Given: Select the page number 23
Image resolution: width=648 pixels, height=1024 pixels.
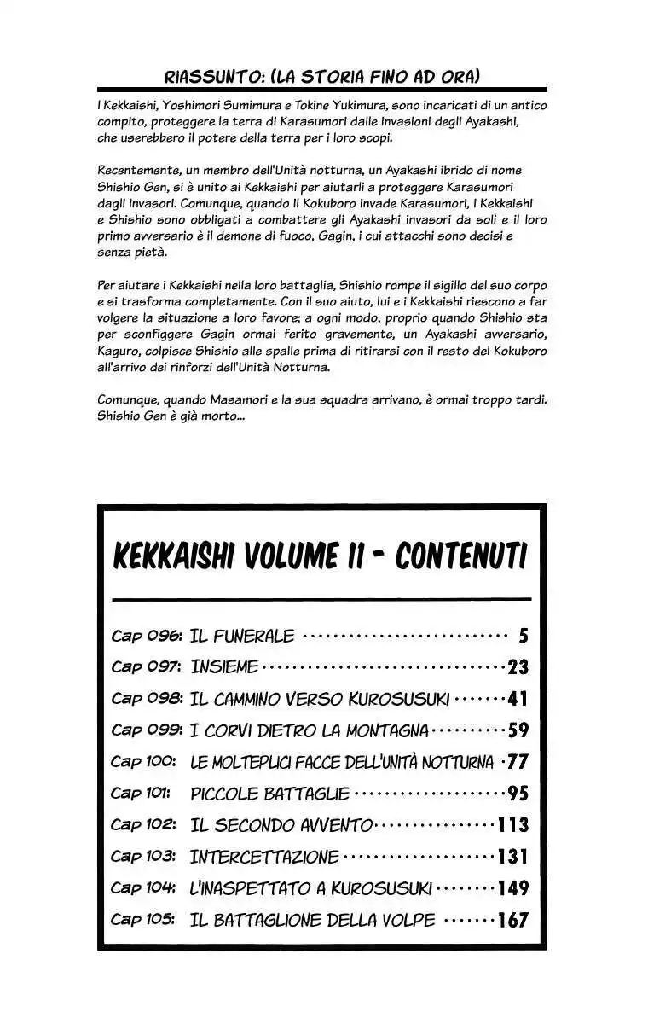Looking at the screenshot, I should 518,667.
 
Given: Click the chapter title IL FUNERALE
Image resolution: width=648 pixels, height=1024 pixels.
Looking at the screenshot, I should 242,636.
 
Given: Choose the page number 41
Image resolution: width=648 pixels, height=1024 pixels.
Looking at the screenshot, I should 518,699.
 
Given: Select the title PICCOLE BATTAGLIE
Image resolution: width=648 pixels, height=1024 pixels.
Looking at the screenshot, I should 269,794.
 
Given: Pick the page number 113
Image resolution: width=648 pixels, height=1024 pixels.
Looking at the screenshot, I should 513,825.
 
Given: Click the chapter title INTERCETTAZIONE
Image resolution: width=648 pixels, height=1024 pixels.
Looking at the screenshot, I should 264,857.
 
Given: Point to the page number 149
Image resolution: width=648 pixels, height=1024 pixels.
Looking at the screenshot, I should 513,888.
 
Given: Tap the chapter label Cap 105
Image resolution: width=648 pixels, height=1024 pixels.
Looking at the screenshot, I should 143,920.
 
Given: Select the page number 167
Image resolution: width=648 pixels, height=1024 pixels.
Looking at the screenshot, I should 513,920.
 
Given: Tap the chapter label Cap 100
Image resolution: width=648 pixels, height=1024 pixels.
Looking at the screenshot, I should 143,762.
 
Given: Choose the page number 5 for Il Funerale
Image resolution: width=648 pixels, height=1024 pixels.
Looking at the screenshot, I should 524,636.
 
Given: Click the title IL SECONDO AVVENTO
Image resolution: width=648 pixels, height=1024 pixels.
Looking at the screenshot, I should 281,825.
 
